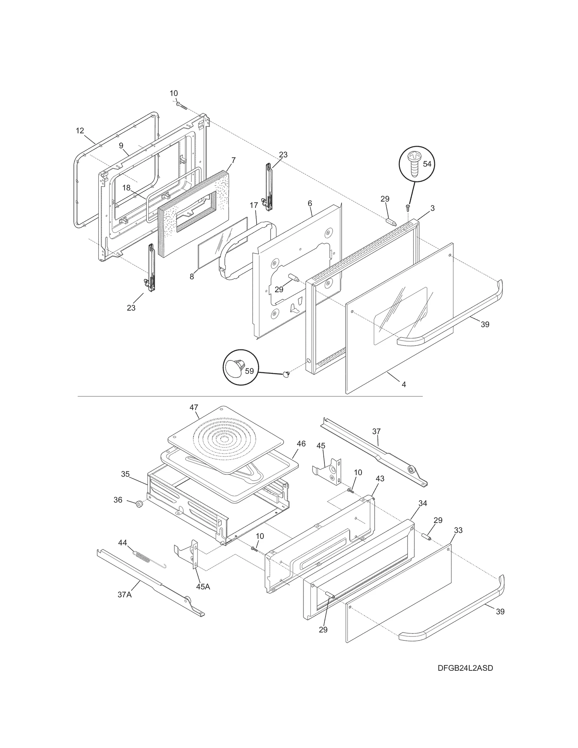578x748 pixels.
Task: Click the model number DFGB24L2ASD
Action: (x=465, y=668)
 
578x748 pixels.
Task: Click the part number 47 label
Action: (x=194, y=407)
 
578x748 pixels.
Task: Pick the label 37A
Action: (x=124, y=594)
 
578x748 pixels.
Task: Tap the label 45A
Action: (x=203, y=587)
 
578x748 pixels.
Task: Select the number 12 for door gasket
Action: (x=80, y=131)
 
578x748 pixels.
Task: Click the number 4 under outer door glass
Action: (x=404, y=385)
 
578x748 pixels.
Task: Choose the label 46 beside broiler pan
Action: (x=301, y=444)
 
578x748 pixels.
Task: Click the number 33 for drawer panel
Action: (x=458, y=531)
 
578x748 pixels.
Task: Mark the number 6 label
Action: (x=310, y=203)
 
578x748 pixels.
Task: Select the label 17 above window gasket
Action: (x=254, y=205)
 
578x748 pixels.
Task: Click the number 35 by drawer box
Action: (x=125, y=474)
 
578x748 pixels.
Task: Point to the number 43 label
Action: (x=380, y=479)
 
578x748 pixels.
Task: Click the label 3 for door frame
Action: (x=432, y=208)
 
